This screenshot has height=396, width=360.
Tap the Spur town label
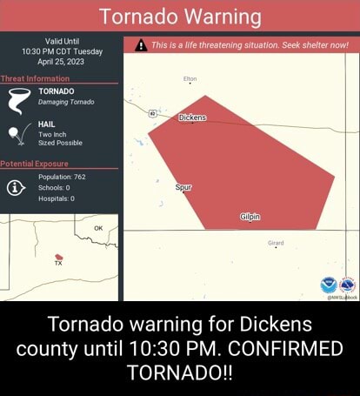click(183, 187)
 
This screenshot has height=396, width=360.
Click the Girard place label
click(275, 243)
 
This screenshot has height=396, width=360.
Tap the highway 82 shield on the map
click(153, 113)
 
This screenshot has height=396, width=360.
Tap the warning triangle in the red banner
click(140, 47)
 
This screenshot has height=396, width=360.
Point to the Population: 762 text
click(62, 176)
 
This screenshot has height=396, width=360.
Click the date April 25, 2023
click(61, 62)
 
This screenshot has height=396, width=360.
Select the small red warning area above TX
click(58, 257)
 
